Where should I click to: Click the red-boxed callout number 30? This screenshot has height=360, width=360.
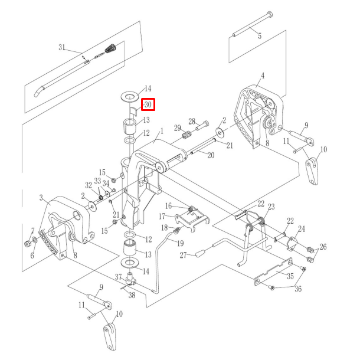coord(148,105)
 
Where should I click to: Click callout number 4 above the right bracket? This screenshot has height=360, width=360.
coord(263,76)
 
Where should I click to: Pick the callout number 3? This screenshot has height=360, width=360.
coord(41,197)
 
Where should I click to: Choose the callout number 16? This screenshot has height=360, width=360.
coord(168,205)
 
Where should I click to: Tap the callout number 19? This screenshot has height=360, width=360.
coord(181,243)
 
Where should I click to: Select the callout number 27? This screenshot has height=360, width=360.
coord(184,255)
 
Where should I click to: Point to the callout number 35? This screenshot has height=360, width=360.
coord(290,275)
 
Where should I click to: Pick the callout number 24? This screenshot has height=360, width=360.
coord(301,229)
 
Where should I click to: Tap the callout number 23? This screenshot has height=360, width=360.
coord(271,207)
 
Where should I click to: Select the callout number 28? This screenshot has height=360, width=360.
coord(192,121)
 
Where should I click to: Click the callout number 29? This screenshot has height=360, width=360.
coord(177,128)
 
